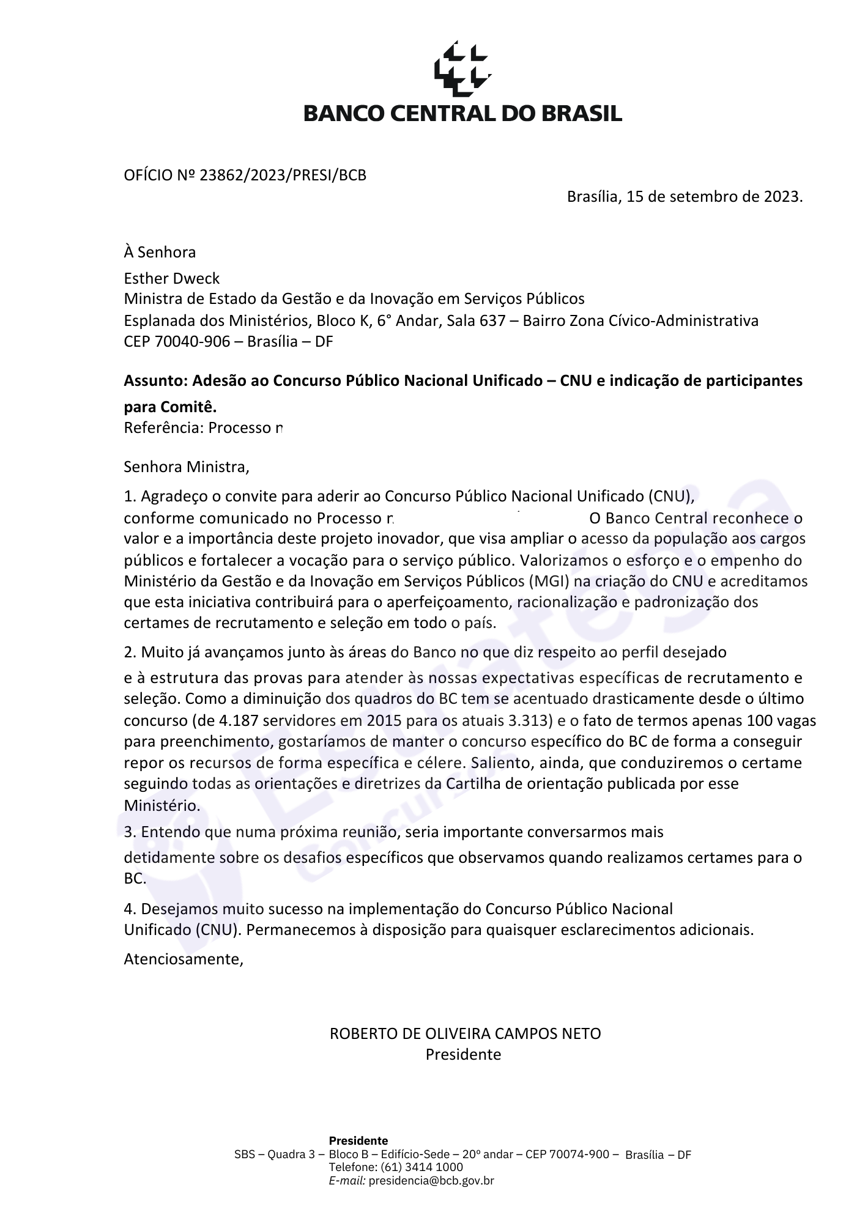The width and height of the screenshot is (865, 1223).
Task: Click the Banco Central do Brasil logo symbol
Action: coord(462,69)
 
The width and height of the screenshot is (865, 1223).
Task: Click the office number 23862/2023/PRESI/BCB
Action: coord(283,176)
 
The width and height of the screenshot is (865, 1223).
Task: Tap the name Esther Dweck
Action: coord(171,279)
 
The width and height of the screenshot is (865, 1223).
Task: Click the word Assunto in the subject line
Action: coord(155,381)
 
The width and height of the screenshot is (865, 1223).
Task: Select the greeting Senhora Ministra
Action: coord(186,467)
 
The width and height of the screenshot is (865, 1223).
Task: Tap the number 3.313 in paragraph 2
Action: coord(530,720)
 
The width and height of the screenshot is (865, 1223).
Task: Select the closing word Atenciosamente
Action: coord(183,959)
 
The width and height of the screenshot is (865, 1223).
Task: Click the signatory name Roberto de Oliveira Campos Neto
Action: coord(465,1033)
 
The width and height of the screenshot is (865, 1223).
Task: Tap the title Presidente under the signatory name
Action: coord(463,1054)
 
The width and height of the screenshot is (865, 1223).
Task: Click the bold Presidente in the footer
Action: coord(358,1140)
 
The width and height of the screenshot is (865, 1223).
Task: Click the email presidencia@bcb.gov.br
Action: coord(431,1181)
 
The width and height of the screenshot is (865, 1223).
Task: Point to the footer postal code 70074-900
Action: coord(579,1154)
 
